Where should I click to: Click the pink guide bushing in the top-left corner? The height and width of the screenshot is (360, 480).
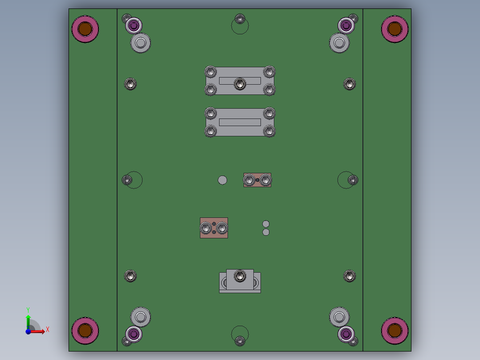(85, 29)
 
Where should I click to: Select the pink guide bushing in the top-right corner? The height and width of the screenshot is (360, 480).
(395, 29)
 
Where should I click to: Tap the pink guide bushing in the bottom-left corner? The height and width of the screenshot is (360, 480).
(85, 331)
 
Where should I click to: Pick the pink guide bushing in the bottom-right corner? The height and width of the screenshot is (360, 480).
(395, 331)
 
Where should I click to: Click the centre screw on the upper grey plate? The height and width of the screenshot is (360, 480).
(240, 83)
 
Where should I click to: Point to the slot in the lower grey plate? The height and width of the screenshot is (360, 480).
(240, 122)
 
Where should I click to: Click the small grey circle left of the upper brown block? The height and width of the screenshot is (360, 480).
(222, 180)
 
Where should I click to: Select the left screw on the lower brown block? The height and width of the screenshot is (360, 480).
(206, 228)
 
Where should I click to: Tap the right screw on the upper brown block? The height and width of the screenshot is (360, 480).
(265, 180)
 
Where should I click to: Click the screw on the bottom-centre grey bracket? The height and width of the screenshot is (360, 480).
(240, 276)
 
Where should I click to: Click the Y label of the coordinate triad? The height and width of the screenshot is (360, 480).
(28, 309)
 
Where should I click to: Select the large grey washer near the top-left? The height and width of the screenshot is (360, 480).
(140, 43)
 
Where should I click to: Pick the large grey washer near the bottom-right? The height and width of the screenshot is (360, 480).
(339, 317)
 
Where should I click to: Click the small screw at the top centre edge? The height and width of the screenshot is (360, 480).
(240, 19)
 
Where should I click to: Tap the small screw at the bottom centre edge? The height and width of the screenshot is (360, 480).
(240, 341)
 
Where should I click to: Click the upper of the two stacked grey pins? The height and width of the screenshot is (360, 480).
(266, 224)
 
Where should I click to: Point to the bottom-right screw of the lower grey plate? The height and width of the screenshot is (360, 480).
(269, 131)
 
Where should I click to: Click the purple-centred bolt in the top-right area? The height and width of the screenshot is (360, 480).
(346, 25)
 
